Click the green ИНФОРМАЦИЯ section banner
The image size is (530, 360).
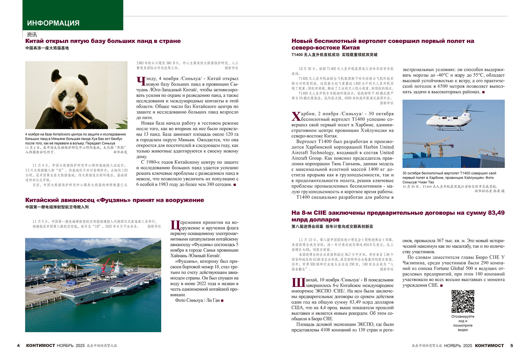click(73, 15)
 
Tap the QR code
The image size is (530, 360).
click(463, 301)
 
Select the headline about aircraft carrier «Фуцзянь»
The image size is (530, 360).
click(115, 200)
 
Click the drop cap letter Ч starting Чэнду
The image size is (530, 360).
click(141, 81)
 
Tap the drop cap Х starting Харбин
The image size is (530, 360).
click(296, 116)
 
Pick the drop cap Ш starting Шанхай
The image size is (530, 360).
click(298, 282)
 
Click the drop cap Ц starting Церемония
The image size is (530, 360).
click(175, 225)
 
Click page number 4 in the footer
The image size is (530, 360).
click(18, 345)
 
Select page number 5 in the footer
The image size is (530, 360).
click(512, 345)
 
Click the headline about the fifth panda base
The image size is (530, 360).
click(103, 41)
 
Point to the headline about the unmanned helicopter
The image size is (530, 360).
click(383, 44)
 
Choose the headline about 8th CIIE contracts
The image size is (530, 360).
click(398, 216)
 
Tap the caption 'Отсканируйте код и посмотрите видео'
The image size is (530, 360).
click(463, 323)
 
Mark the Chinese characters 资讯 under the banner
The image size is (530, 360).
click(32, 35)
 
